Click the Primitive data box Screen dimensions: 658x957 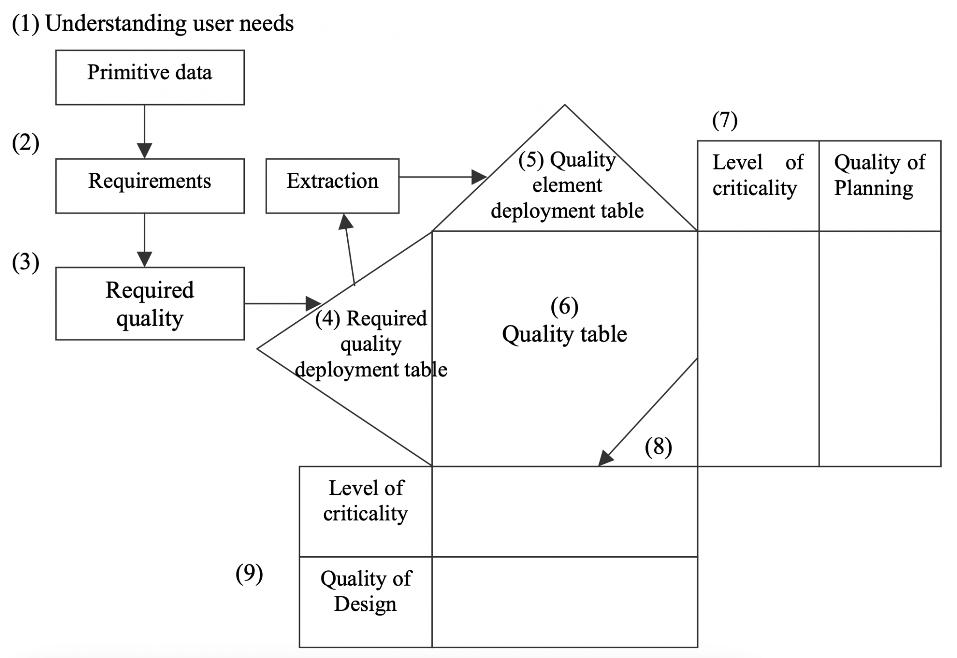click(150, 77)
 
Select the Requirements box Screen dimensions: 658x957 click(150, 185)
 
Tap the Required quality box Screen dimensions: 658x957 click(150, 303)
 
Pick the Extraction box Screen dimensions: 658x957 click(332, 185)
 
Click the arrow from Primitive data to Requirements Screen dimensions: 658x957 click(144, 131)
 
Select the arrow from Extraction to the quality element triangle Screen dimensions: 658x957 click(442, 177)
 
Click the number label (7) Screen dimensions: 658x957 click(725, 120)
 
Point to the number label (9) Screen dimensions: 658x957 click(249, 573)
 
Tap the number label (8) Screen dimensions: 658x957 click(658, 447)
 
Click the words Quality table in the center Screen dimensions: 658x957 click(564, 335)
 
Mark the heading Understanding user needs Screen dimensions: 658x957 click(169, 23)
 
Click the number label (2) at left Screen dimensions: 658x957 click(25, 143)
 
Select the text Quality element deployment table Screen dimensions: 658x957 click(567, 185)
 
